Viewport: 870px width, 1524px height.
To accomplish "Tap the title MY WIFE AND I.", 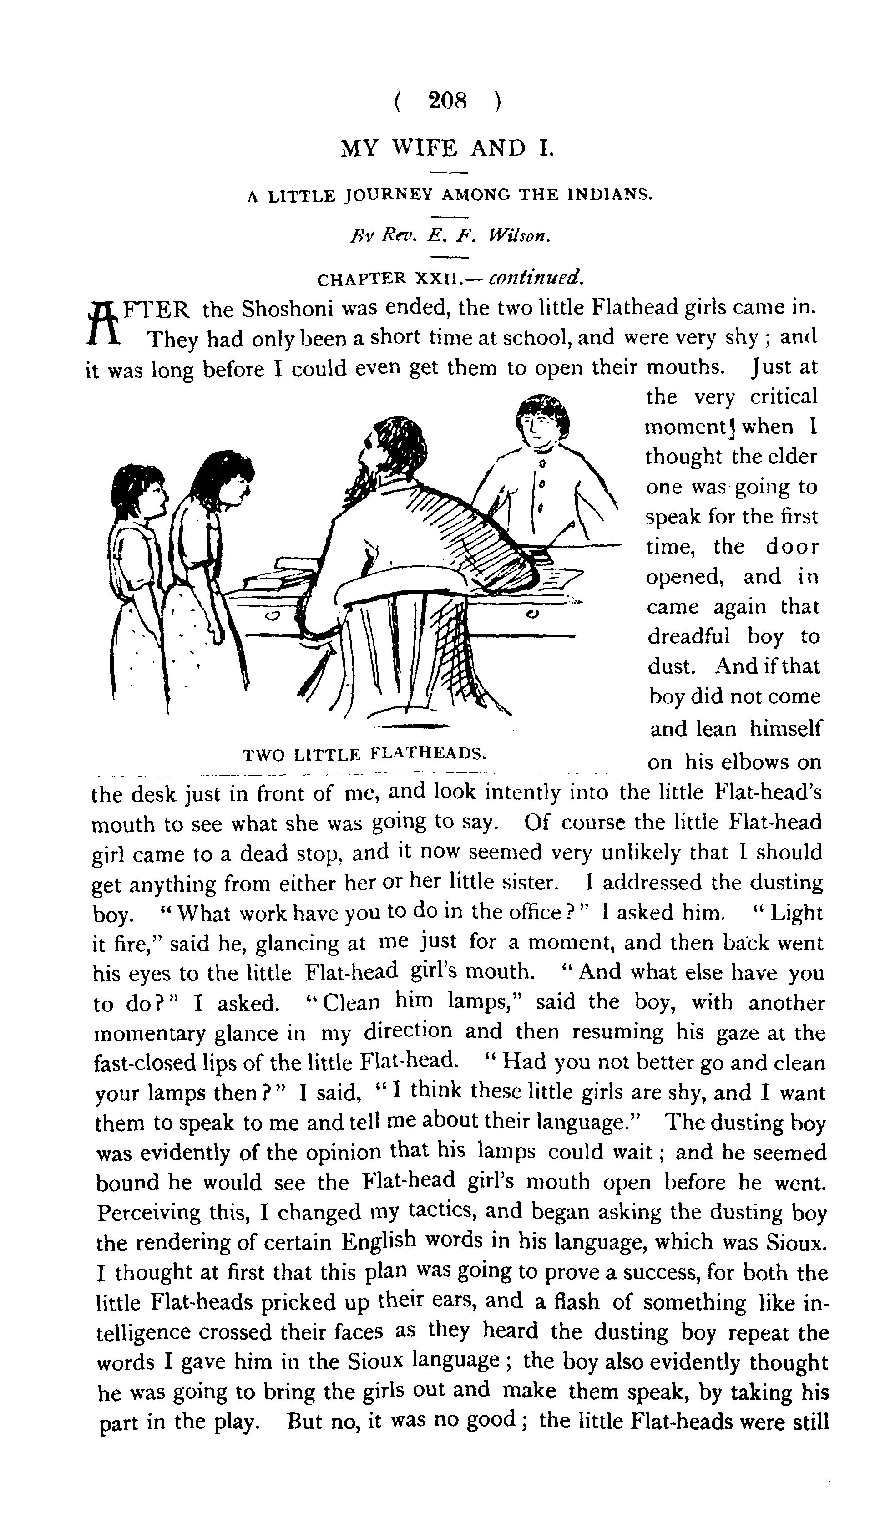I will (x=447, y=147).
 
